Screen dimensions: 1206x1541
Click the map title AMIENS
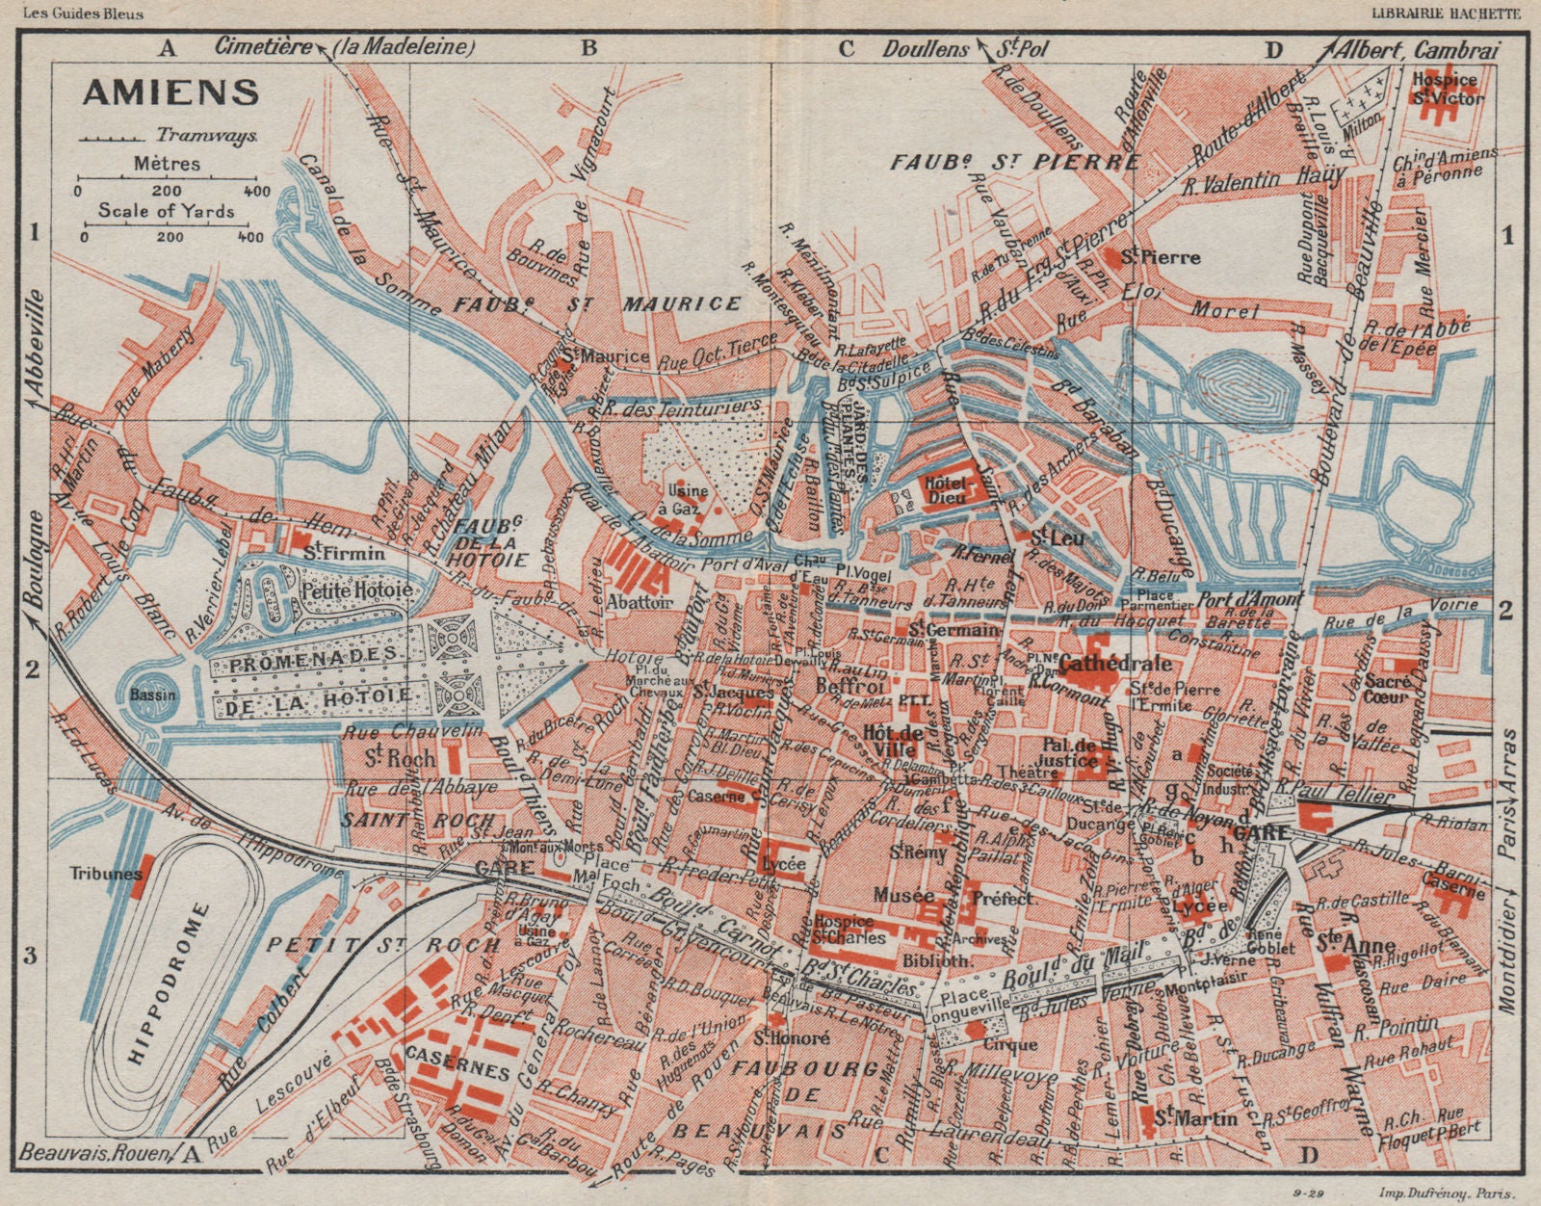click(x=170, y=92)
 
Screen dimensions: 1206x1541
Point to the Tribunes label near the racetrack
click(x=98, y=875)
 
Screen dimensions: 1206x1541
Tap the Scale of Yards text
click(x=167, y=211)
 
